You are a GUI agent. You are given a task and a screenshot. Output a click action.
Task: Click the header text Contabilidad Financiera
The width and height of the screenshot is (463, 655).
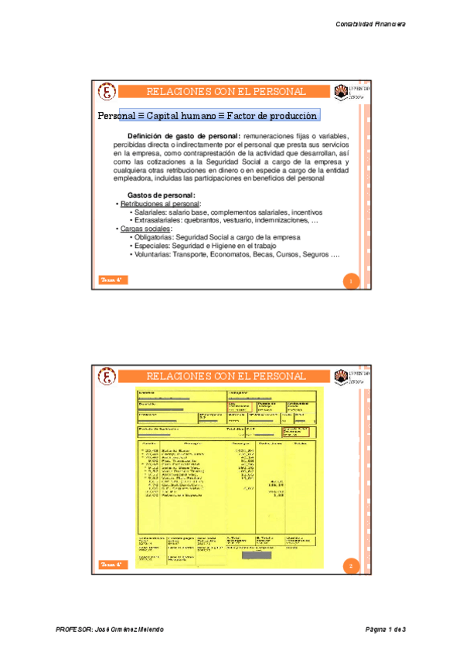coord(369,24)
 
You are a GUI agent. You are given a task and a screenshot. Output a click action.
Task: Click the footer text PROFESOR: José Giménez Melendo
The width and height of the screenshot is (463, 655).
coord(110,630)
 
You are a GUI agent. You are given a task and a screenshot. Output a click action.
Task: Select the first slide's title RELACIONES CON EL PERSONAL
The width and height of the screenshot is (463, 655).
coord(226,92)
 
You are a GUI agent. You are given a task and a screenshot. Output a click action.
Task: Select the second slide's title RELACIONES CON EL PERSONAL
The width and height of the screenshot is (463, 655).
coord(226,376)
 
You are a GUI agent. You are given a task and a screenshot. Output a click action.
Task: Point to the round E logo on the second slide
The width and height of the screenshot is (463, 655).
coord(107,378)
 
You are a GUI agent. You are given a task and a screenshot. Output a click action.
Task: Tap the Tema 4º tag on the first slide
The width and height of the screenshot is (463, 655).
coord(112,280)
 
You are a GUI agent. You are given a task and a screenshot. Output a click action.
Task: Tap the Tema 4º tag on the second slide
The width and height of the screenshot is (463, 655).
coord(112,565)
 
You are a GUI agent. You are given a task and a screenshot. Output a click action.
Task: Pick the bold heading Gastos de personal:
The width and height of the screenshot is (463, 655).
coord(160,195)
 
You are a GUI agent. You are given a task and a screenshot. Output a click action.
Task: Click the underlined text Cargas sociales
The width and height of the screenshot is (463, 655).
coord(145,229)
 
